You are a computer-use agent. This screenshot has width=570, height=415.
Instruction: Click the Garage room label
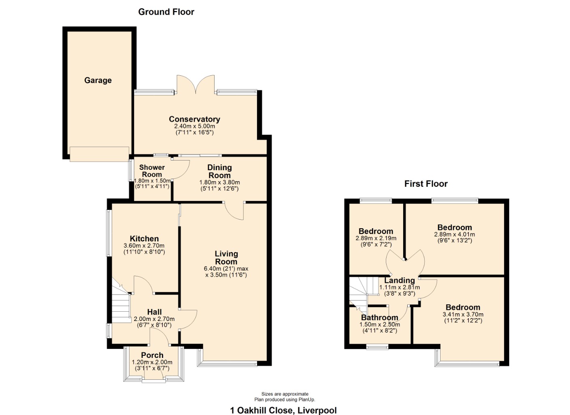pyautogui.click(x=98, y=80)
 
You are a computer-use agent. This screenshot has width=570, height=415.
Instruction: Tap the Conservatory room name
pyautogui.click(x=194, y=119)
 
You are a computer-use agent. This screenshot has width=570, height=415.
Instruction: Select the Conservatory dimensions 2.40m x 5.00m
pyautogui.click(x=194, y=126)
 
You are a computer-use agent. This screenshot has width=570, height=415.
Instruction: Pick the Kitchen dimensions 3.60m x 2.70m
pyautogui.click(x=144, y=246)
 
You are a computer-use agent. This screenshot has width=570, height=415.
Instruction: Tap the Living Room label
pyautogui.click(x=226, y=258)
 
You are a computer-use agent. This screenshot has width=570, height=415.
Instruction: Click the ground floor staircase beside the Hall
pyautogui.click(x=120, y=304)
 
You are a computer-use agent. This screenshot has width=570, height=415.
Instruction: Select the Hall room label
pyautogui.click(x=154, y=312)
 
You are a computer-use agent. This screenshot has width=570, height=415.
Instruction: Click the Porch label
pyautogui.click(x=152, y=355)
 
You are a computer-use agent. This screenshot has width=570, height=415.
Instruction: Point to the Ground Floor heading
pyautogui.click(x=166, y=12)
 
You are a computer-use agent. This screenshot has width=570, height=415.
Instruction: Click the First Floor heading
pyautogui.click(x=426, y=184)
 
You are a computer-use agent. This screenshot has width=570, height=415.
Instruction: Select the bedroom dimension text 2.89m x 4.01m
pyautogui.click(x=454, y=234)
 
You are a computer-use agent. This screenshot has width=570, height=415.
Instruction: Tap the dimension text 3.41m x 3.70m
pyautogui.click(x=463, y=314)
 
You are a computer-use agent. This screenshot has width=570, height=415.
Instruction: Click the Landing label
pyautogui.click(x=399, y=280)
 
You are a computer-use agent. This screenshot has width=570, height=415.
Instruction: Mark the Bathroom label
pyautogui.click(x=379, y=317)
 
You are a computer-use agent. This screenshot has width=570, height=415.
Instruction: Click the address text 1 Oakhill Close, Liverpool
pyautogui.click(x=283, y=410)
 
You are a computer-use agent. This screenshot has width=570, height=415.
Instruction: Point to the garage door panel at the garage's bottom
pyautogui.click(x=99, y=154)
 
